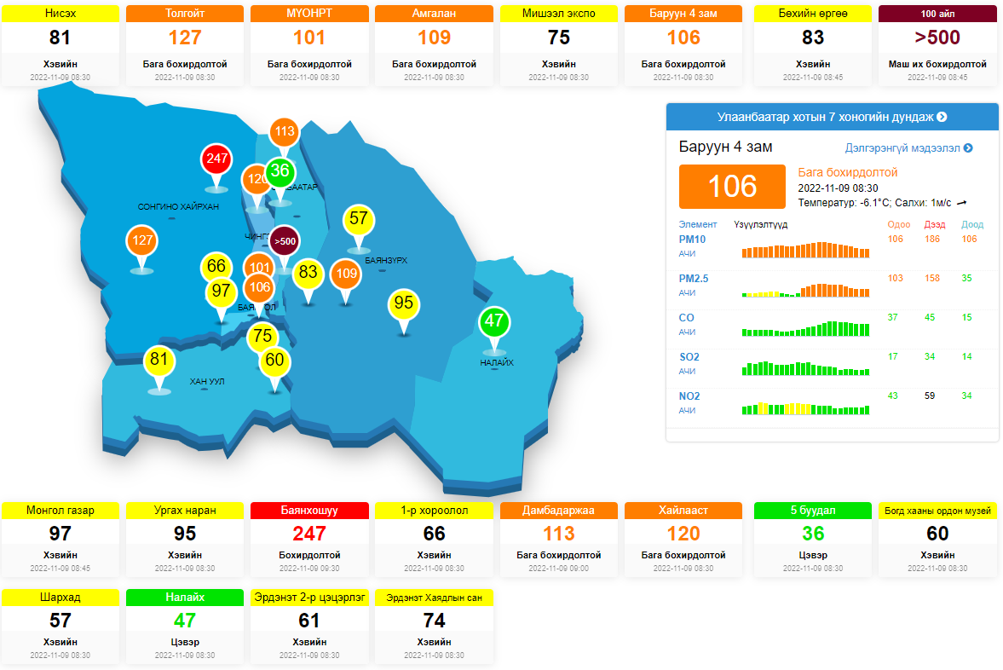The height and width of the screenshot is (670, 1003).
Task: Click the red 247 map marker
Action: pyautogui.click(x=216, y=159)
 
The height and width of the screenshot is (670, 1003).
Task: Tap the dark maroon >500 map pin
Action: pyautogui.click(x=285, y=241)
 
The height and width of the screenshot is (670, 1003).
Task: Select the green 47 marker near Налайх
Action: pyautogui.click(x=493, y=321)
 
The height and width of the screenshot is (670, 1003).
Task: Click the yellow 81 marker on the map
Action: pyautogui.click(x=159, y=360)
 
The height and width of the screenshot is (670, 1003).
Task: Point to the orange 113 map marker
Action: pyautogui.click(x=285, y=131)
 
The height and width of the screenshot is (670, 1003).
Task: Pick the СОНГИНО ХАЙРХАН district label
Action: pyautogui.click(x=178, y=207)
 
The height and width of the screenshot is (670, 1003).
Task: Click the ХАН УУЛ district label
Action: pyautogui.click(x=207, y=381)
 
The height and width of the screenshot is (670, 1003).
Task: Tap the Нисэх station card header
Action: pyautogui.click(x=61, y=14)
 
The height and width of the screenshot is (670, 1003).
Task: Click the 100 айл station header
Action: pyautogui.click(x=937, y=14)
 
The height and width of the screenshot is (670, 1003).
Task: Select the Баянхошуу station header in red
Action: pyautogui.click(x=310, y=511)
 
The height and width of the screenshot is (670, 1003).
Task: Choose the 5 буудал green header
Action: pyautogui.click(x=813, y=511)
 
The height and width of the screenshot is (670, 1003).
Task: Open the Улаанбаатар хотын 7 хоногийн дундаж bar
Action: pyautogui.click(x=832, y=117)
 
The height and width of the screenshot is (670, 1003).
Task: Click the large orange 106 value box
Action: pyautogui.click(x=732, y=186)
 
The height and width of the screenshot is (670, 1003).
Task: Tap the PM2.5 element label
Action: pyautogui.click(x=693, y=279)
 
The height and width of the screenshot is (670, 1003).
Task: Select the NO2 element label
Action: pyautogui.click(x=689, y=396)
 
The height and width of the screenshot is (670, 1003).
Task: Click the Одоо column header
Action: pyautogui.click(x=899, y=225)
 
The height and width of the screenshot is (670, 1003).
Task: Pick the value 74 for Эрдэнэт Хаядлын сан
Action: pyautogui.click(x=435, y=621)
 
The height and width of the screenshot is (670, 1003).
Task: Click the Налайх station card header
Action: pyautogui.click(x=185, y=598)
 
